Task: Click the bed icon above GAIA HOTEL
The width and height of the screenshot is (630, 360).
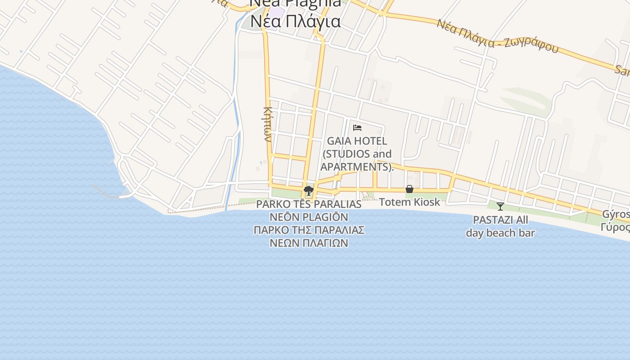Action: (357, 128)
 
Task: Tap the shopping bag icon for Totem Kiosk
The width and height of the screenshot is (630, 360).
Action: (409, 189)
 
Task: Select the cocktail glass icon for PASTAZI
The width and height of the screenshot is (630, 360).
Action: (500, 207)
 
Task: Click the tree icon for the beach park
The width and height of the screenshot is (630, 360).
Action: (308, 191)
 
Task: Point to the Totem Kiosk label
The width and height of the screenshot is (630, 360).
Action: (409, 202)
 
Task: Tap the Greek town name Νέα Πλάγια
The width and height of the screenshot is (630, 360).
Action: (295, 21)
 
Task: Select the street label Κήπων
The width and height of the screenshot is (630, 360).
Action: (267, 124)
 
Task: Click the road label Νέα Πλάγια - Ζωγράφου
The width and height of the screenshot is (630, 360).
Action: (497, 36)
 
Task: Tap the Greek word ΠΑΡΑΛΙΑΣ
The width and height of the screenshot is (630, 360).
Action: (339, 230)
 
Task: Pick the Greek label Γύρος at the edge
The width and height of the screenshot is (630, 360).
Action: (616, 226)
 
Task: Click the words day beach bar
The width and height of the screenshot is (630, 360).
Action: (500, 233)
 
